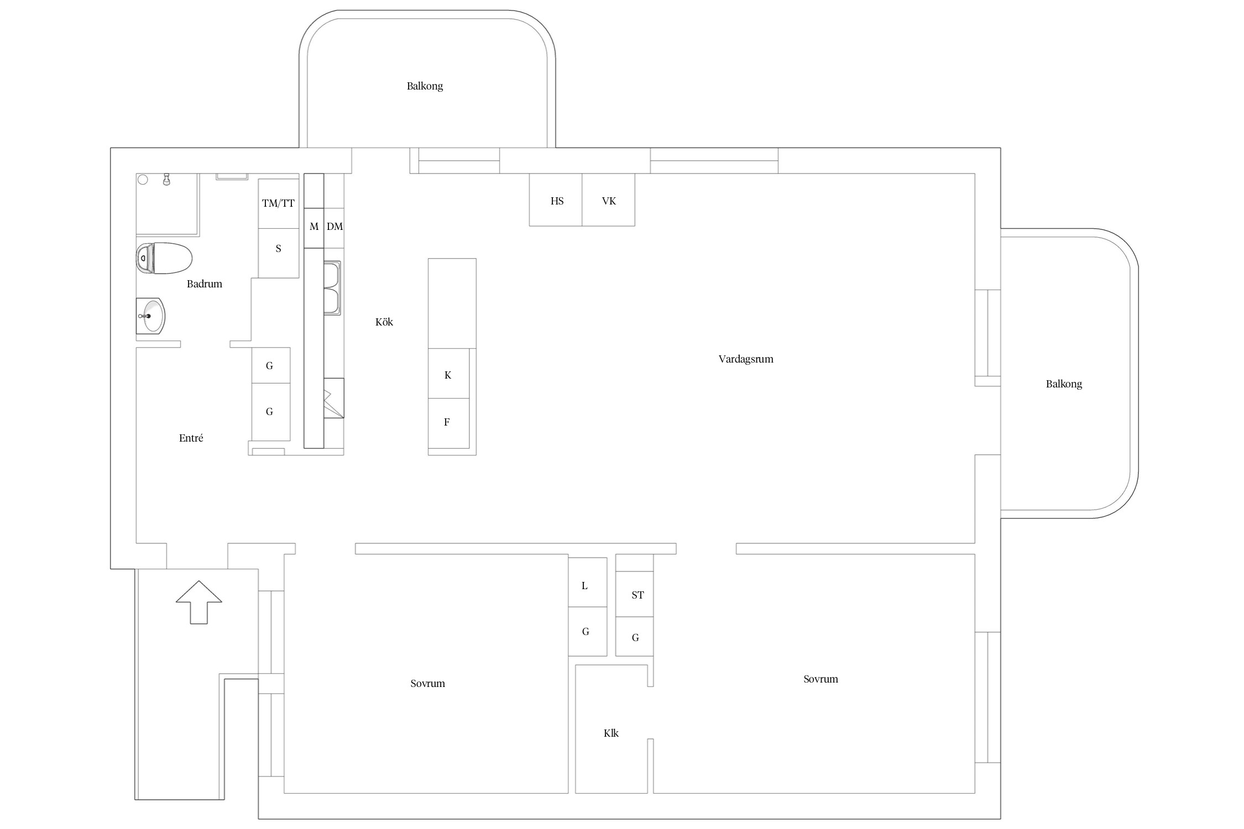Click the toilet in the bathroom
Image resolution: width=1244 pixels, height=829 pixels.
pos(164,258)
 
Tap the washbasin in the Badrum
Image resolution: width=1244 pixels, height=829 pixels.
pos(150,316)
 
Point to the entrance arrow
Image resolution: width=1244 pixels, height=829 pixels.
pos(199,602)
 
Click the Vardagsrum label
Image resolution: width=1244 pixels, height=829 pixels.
pos(746,359)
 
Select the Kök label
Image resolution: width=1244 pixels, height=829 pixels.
pos(384,322)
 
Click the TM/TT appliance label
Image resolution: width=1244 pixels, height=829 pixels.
pos(278,203)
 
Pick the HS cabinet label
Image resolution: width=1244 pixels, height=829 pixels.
pos(557,201)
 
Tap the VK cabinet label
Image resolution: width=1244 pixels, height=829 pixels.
pos(609,201)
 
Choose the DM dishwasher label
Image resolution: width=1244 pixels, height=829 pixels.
pos(334,227)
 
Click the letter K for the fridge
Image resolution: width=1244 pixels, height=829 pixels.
pos(448,375)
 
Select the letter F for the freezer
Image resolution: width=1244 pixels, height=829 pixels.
pos(447,422)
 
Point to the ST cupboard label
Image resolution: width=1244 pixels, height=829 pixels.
pos(637,595)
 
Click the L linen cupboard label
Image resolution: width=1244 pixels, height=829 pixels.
pos(584,586)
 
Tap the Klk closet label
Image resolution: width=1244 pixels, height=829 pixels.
pos(611,733)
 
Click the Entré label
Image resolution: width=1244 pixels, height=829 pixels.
pos(191,438)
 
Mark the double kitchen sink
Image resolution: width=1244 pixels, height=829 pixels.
pos(332,288)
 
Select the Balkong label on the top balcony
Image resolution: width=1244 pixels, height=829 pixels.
pos(425,86)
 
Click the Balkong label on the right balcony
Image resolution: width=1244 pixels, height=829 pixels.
pos(1064,384)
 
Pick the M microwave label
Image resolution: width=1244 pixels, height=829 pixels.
pos(314,227)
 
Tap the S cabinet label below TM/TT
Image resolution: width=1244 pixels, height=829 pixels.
pos(278,249)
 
